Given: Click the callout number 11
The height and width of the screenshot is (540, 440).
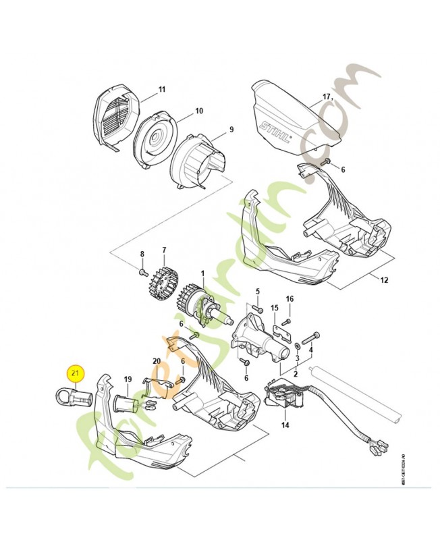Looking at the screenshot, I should point(161,90).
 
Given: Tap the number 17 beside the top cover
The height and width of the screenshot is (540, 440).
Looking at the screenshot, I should point(327,97).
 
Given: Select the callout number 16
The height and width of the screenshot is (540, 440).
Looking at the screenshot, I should point(290,298).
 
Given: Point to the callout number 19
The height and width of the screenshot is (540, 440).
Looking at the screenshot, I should point(127,380).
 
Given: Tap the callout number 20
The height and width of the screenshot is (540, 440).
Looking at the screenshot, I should point(157,361).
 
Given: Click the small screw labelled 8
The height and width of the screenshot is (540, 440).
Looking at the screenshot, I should point(143,273).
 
